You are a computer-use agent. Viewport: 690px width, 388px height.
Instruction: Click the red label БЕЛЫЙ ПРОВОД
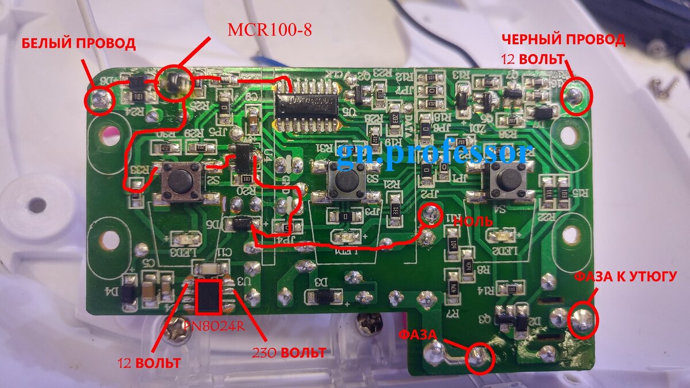pyautogui.click(x=79, y=44)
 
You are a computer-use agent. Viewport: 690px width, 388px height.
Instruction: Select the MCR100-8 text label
pyautogui.click(x=270, y=29)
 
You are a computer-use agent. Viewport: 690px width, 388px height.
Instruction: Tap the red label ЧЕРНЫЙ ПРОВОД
pyautogui.click(x=563, y=40)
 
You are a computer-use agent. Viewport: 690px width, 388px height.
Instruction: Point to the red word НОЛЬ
pyautogui.click(x=474, y=221)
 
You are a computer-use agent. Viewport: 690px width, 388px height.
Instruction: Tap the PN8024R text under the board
pyautogui.click(x=213, y=325)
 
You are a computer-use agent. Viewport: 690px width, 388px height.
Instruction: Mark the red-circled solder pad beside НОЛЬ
pyautogui.click(x=428, y=214)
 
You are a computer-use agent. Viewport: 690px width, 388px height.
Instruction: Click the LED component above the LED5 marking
pyautogui.click(x=501, y=236)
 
